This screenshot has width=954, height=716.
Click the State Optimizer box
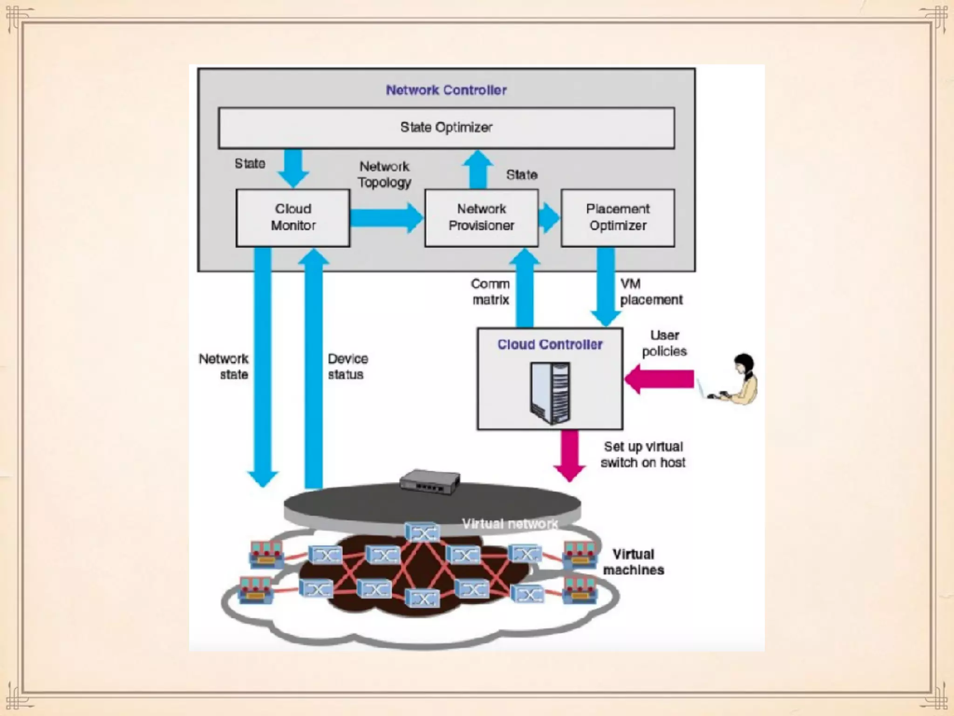(446, 128)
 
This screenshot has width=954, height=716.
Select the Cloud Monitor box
(293, 218)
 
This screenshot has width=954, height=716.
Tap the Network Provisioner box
(482, 218)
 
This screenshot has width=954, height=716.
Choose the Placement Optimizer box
(618, 218)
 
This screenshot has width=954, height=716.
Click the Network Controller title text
(446, 90)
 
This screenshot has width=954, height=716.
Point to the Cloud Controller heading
(550, 344)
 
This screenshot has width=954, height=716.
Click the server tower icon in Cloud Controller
(550, 393)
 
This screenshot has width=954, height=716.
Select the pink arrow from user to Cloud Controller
(659, 379)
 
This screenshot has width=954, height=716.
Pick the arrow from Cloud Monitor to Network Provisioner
(387, 218)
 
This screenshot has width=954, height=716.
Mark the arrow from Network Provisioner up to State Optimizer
(478, 169)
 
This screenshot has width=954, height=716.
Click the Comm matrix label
(491, 292)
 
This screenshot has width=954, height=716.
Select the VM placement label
(651, 292)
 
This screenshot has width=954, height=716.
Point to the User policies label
(664, 343)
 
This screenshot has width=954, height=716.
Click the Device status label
(348, 366)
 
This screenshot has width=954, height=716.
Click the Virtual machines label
(634, 562)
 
